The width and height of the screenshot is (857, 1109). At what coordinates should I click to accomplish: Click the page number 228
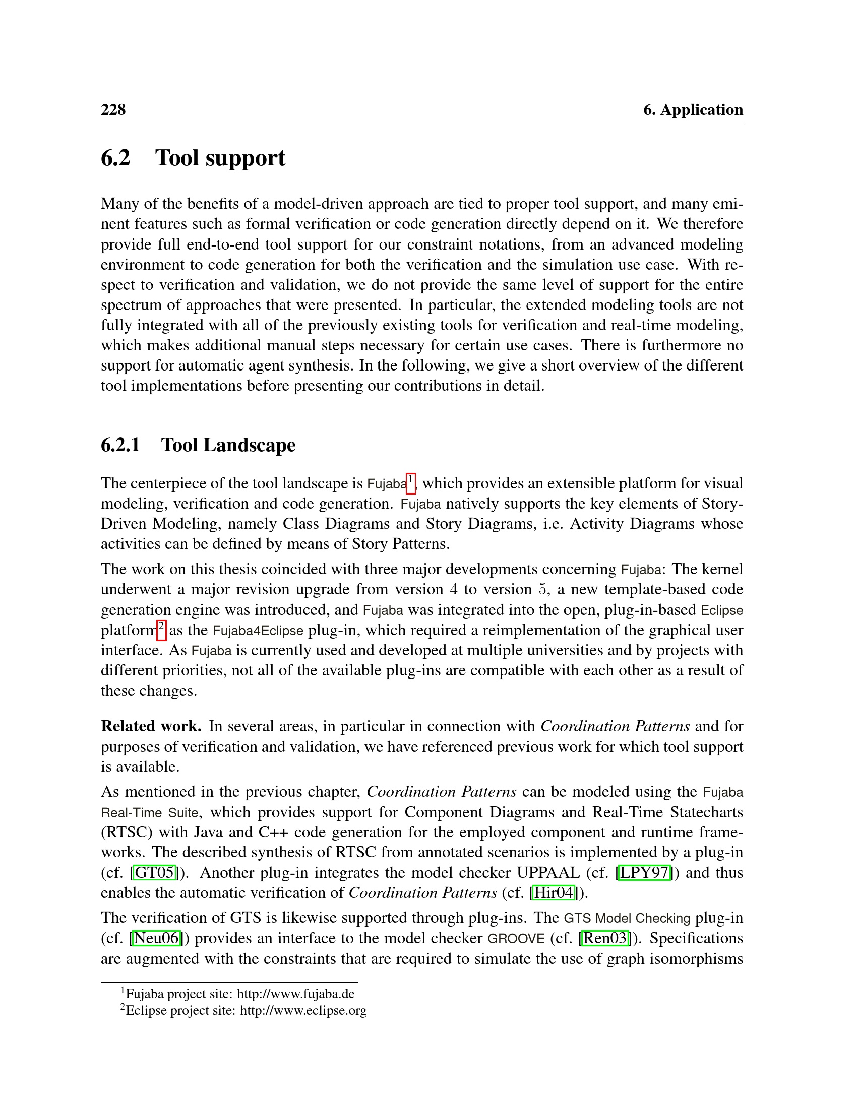tap(113, 110)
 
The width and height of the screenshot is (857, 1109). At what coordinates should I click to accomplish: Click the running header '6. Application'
tap(693, 110)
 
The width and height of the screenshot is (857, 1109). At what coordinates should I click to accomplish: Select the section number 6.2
tap(116, 158)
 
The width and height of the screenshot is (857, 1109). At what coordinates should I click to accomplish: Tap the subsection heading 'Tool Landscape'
tap(228, 445)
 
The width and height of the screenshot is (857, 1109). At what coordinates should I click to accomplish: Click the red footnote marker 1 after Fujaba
tap(411, 482)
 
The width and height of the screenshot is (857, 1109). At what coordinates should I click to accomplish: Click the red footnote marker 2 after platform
tap(161, 630)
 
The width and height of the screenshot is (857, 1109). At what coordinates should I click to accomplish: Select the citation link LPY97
tap(644, 873)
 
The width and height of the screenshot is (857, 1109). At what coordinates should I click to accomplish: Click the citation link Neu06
tap(156, 938)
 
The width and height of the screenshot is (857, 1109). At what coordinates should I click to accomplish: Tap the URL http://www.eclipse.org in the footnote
tap(302, 1011)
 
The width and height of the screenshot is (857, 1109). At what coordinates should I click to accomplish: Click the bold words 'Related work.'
tap(151, 726)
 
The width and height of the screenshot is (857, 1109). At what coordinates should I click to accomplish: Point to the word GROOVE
tap(516, 939)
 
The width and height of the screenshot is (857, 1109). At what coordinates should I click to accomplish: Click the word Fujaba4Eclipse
tap(258, 631)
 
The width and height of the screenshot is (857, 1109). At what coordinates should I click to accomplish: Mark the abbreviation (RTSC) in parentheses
tap(127, 832)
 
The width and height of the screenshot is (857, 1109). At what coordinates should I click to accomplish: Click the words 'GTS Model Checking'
tap(627, 918)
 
